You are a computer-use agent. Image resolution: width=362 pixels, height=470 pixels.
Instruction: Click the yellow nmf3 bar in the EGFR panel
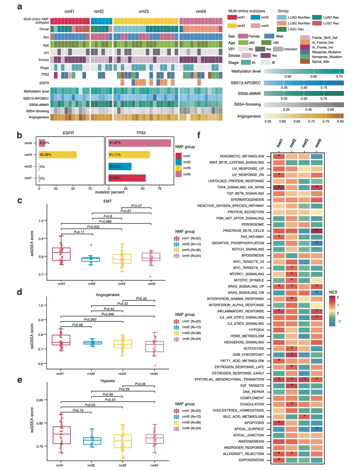tap(58, 155)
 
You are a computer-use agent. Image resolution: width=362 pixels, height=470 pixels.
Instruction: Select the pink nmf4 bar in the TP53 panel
tap(140, 143)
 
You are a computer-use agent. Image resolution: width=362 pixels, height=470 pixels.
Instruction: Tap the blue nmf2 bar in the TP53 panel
tap(120, 166)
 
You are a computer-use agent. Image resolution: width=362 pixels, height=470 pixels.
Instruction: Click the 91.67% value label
tap(115, 143)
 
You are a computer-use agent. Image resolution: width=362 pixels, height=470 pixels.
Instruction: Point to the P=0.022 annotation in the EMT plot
tap(93, 227)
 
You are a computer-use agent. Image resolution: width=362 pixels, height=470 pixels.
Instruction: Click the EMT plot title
tap(107, 201)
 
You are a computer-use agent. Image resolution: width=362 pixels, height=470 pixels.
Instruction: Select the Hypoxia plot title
tap(107, 381)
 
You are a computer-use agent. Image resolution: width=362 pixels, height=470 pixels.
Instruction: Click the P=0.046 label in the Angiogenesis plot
tap(108, 314)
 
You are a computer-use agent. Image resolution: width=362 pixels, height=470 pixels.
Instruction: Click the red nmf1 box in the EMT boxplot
tap(61, 254)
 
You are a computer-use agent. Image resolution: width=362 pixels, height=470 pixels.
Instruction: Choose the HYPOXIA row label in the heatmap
tap(256, 330)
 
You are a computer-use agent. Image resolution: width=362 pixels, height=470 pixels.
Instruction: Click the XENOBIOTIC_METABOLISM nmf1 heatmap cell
tap(279, 156)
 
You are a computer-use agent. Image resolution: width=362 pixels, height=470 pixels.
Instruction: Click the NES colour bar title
tap(333, 292)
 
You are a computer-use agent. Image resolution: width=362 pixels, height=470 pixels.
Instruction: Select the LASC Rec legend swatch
tap(281, 29)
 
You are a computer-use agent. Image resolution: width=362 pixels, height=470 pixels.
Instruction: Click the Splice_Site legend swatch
tap(305, 62)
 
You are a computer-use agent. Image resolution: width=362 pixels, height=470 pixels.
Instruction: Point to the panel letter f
tap(199, 135)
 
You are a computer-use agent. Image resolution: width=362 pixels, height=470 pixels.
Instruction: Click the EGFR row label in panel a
tap(44, 83)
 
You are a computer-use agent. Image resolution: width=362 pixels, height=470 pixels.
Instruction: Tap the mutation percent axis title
tap(109, 192)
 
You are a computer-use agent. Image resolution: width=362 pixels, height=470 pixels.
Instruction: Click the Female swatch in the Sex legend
tap(243, 36)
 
